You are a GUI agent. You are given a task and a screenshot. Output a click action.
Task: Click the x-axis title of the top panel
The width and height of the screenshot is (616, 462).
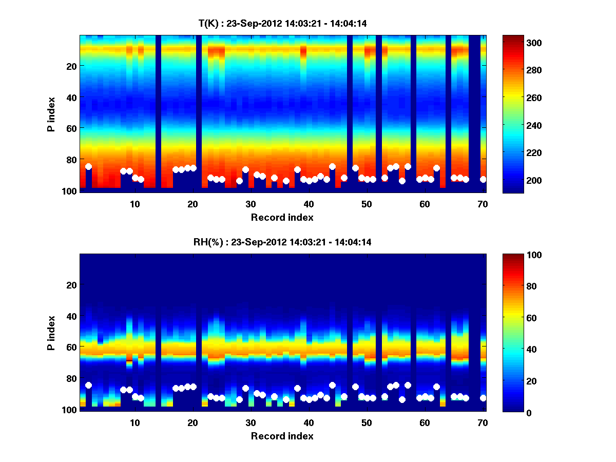pos(282,217)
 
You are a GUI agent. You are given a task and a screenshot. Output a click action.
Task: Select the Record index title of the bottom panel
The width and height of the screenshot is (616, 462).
pos(282,436)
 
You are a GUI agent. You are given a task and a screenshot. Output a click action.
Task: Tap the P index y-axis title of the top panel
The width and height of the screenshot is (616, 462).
pos(51,113)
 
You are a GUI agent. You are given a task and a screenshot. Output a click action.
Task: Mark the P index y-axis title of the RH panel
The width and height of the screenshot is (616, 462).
pos(51,332)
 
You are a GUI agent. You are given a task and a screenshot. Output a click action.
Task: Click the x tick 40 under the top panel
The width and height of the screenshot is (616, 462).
pos(309,204)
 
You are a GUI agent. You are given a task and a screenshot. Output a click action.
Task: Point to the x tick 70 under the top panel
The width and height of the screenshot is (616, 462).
pos(483,204)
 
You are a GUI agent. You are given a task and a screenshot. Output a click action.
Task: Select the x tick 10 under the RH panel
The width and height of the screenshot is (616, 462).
pos(134,422)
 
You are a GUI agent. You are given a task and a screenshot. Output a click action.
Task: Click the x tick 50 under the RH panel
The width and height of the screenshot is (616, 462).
pos(367,422)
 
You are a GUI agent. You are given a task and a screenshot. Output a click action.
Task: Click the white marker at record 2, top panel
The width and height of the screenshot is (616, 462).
pos(88,166)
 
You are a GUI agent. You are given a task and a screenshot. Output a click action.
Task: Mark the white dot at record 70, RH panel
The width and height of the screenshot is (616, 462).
pos(483,398)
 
